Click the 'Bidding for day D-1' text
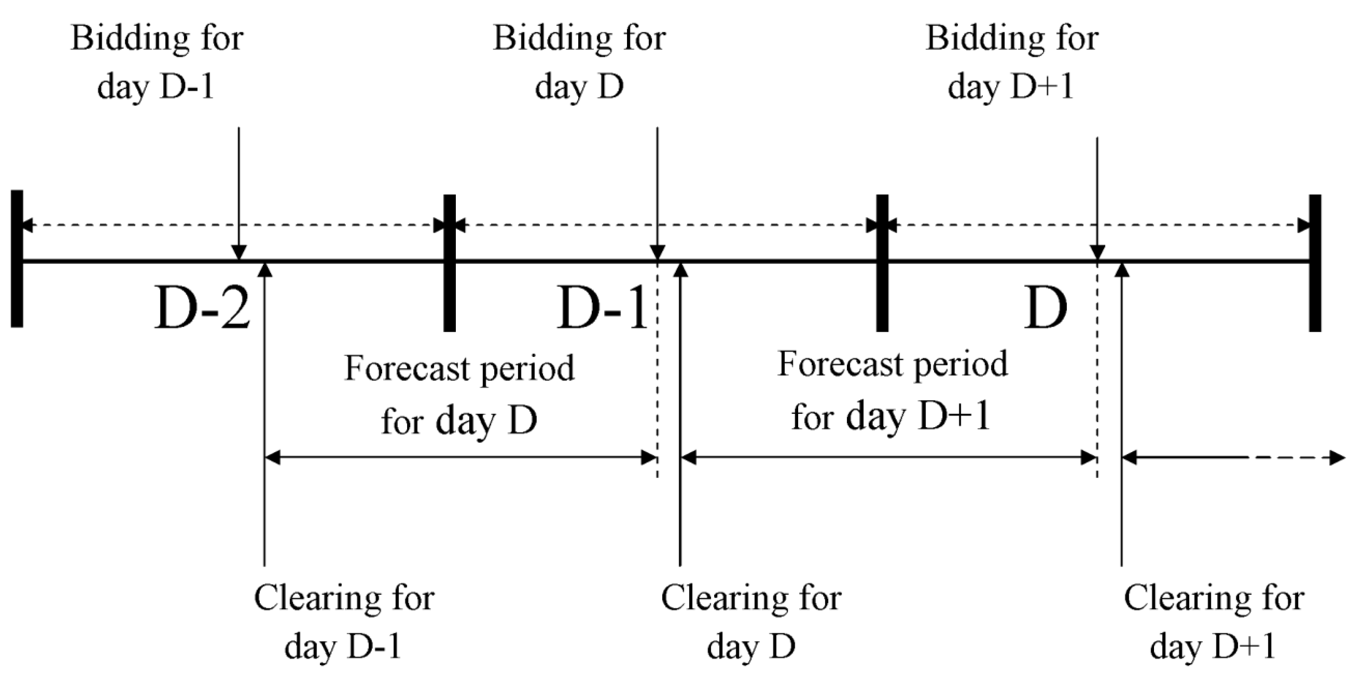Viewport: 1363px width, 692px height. coord(157,62)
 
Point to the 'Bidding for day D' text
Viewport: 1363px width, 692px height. coord(579,62)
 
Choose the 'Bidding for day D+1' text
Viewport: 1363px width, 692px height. coord(1011,62)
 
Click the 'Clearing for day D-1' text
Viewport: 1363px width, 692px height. coord(344,622)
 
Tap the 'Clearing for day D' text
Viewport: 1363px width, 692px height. coord(751,622)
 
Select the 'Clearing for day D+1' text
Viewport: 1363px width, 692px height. coord(1214,622)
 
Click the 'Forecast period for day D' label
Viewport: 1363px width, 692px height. coord(459,394)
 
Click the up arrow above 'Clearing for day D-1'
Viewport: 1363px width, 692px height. coord(265,413)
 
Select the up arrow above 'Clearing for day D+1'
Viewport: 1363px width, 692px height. coord(1121,413)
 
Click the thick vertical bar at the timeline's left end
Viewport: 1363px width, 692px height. coord(17,258)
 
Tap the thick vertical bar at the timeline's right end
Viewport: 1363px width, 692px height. coord(1315,263)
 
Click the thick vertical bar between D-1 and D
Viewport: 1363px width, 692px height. coord(882,263)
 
